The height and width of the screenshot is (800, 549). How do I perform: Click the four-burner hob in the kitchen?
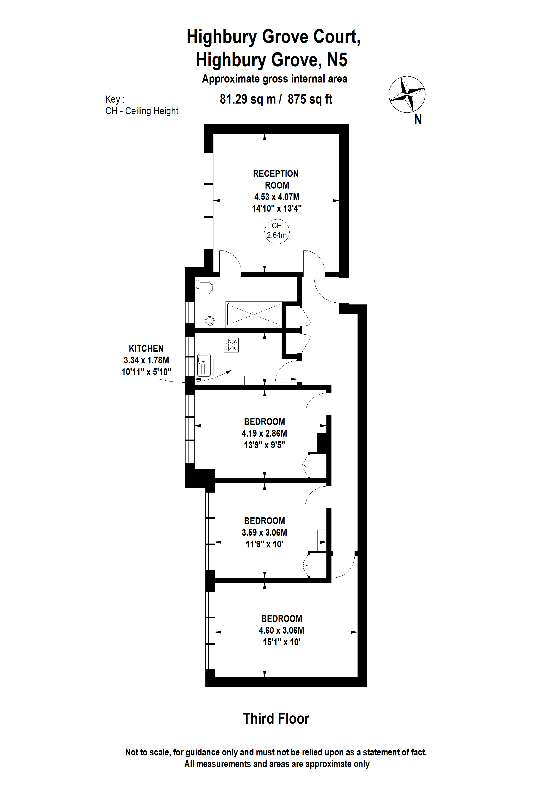tap(231, 345)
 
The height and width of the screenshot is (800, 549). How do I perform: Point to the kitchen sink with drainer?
tap(204, 365)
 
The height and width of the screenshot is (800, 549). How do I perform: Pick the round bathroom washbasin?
tap(209, 321)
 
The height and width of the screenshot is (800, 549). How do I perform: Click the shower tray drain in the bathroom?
tap(253, 315)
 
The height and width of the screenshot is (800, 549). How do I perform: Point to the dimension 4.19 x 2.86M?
tap(264, 433)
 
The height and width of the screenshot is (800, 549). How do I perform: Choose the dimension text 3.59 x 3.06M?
tap(264, 533)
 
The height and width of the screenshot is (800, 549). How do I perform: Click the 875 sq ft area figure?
tap(310, 99)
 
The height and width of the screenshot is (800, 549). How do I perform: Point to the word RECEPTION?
tap(276, 174)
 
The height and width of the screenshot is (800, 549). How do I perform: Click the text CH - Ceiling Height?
tap(142, 111)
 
